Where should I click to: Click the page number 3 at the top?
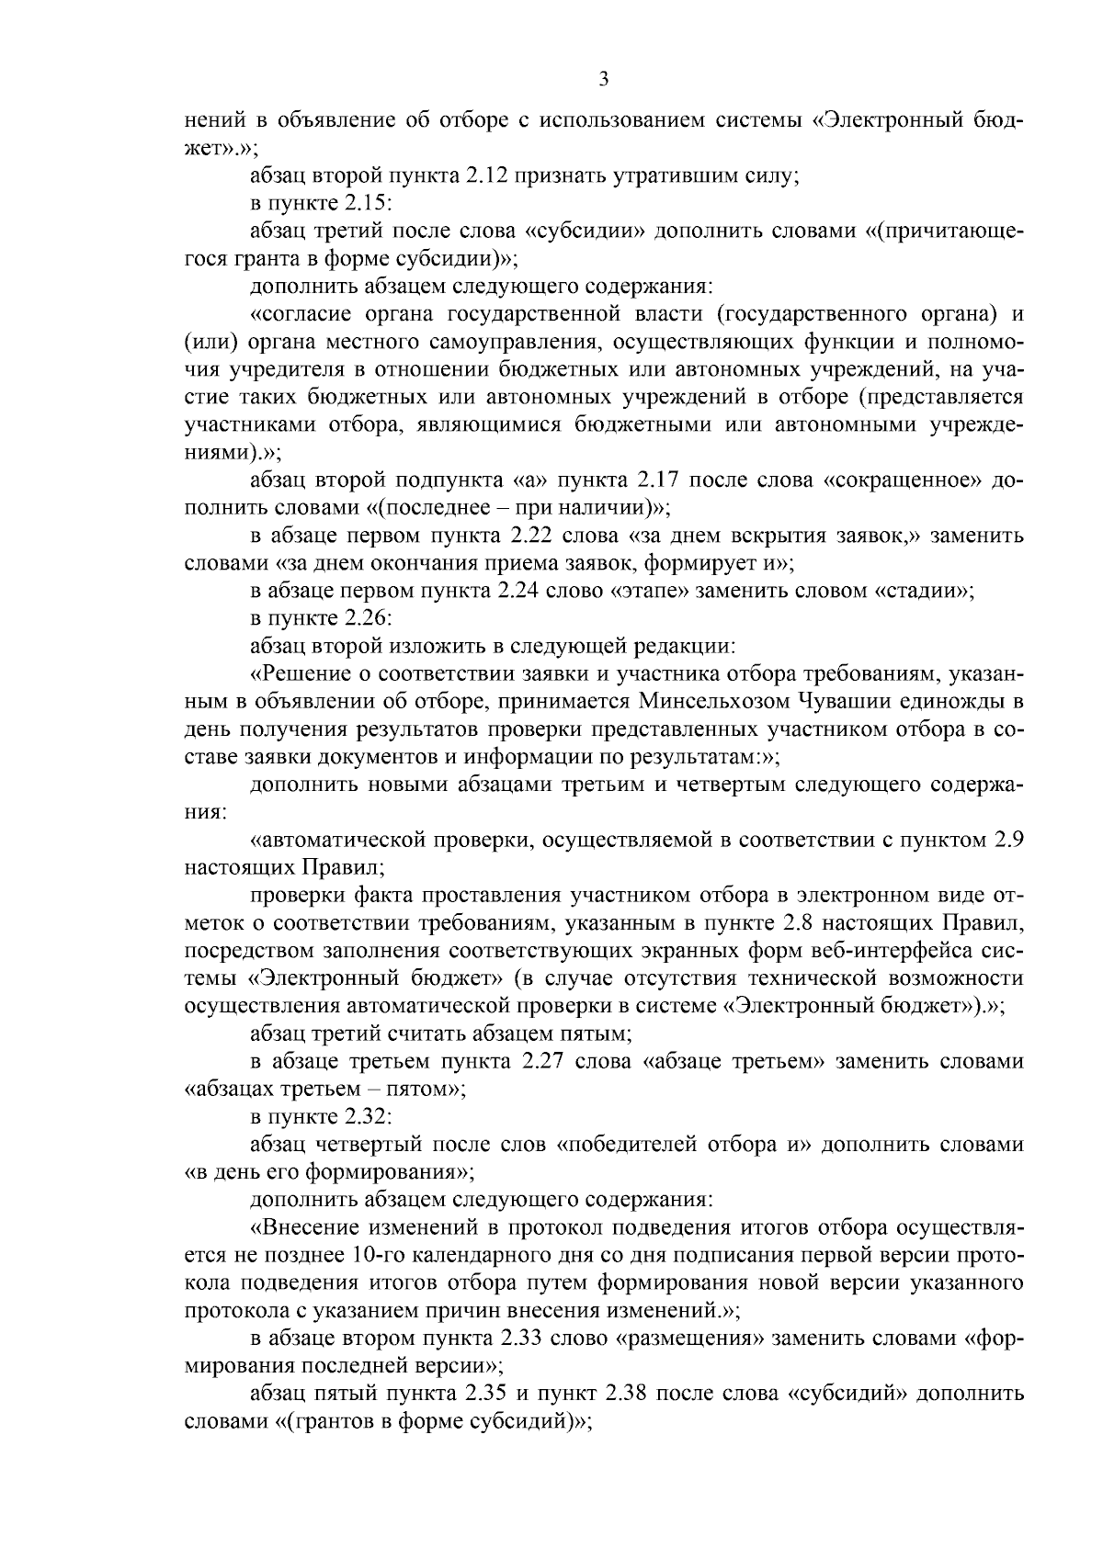point(603,79)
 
